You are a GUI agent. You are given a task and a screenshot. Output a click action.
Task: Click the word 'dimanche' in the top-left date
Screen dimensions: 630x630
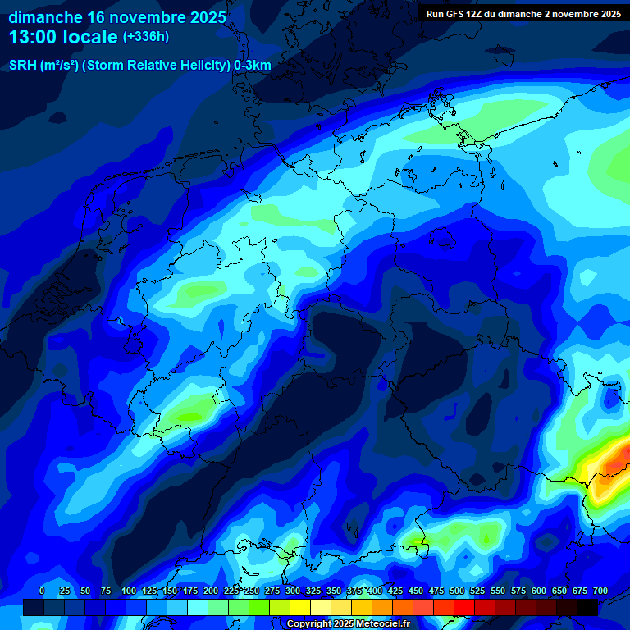pyautogui.click(x=44, y=17)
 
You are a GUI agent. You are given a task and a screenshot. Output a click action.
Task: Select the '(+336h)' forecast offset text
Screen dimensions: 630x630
pyautogui.click(x=146, y=37)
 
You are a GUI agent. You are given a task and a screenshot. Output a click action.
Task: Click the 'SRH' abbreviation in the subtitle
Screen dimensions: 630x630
pyautogui.click(x=23, y=66)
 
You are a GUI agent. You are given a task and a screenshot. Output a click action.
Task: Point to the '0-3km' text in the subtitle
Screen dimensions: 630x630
pyautogui.click(x=252, y=66)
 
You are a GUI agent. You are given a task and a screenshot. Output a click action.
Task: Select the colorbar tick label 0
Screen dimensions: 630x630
pyautogui.click(x=42, y=591)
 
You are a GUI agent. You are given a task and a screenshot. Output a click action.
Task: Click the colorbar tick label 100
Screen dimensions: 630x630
pyautogui.click(x=128, y=591)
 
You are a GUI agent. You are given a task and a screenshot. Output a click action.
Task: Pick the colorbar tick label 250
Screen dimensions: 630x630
pyautogui.click(x=251, y=591)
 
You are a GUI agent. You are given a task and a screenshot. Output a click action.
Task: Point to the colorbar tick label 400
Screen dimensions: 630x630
pyautogui.click(x=374, y=591)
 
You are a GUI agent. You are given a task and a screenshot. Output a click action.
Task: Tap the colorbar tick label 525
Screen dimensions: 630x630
pyautogui.click(x=477, y=591)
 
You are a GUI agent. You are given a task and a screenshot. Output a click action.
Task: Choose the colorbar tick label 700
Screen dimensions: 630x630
pyautogui.click(x=600, y=591)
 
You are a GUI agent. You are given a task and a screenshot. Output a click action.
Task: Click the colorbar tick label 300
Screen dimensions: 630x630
pyautogui.click(x=292, y=591)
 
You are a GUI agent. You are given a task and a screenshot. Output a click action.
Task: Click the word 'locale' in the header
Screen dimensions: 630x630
pyautogui.click(x=90, y=36)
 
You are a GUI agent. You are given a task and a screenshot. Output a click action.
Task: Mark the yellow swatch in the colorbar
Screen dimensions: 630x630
pyautogui.click(x=300, y=607)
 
